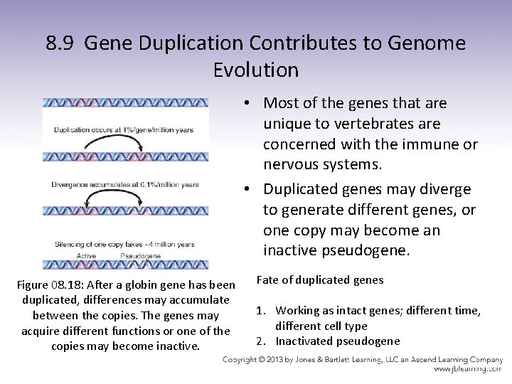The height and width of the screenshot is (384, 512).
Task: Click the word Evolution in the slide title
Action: point(256,70)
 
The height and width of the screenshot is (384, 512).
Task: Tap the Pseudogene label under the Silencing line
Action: point(141,255)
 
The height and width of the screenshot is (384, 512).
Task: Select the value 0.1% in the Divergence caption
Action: point(142,185)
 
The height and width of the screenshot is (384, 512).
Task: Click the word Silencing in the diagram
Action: point(71,245)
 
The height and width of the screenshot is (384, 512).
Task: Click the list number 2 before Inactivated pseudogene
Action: point(260,341)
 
